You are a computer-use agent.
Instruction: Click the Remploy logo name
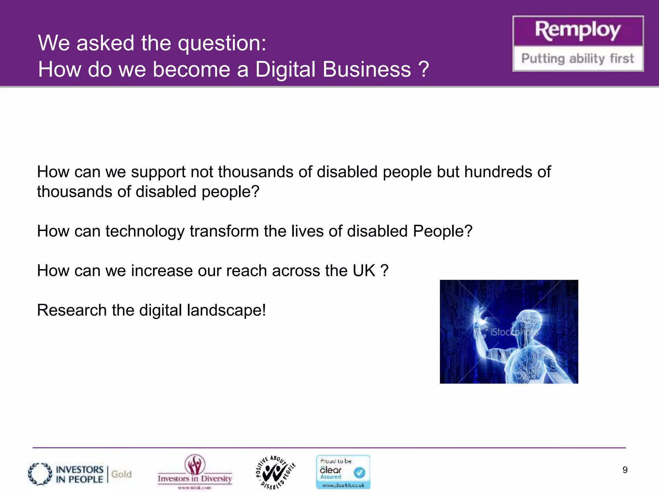pos(578,31)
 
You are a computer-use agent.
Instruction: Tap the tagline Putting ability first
pos(578,59)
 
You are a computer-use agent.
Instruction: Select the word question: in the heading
pos(222,43)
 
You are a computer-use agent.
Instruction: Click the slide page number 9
pos(625,470)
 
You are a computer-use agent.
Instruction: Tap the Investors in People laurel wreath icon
pos(40,474)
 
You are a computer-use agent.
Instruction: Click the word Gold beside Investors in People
pos(121,474)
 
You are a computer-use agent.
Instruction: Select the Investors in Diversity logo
pos(195,471)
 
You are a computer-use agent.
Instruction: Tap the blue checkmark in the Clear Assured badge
pos(359,472)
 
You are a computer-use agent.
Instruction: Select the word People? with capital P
pos(442,231)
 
